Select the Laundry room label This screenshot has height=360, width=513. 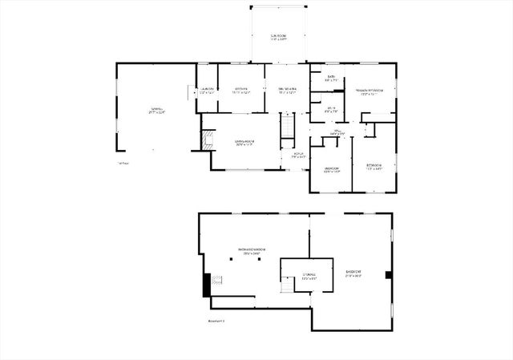click(207, 90)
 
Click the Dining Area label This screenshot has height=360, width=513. click(287, 90)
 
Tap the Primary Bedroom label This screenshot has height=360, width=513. click(370, 92)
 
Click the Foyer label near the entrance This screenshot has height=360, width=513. click(297, 156)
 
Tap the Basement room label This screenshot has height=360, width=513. click(353, 274)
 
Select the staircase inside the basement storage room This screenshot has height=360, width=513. click(287, 286)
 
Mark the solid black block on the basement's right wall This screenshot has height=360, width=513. click(388, 275)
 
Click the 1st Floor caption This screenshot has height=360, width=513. click(122, 164)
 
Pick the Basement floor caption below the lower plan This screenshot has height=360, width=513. click(216, 321)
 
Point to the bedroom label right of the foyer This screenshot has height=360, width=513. click(331, 169)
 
